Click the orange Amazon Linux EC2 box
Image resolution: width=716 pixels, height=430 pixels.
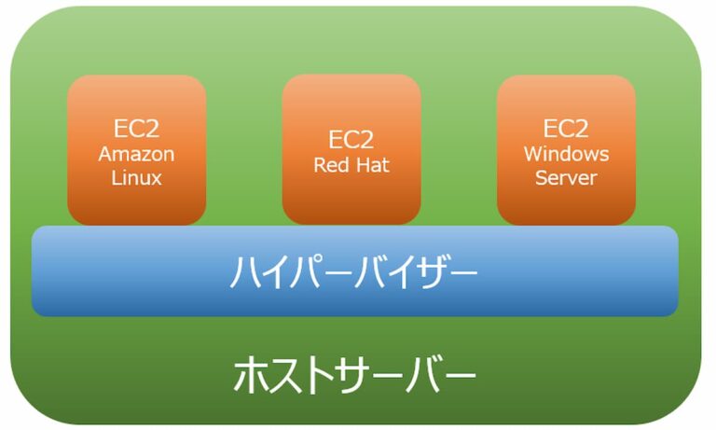pyautogui.click(x=136, y=150)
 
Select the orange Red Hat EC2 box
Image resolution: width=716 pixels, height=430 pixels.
pyautogui.click(x=351, y=150)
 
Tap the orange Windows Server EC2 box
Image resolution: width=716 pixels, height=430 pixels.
pyautogui.click(x=566, y=150)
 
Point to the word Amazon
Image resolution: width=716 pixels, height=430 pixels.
pyautogui.click(x=136, y=154)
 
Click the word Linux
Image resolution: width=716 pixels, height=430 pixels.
pyautogui.click(x=136, y=177)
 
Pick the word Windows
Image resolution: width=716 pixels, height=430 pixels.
pyautogui.click(x=566, y=154)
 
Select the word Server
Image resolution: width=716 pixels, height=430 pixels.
pyautogui.click(x=566, y=177)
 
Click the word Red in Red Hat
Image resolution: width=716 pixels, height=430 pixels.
pyautogui.click(x=331, y=166)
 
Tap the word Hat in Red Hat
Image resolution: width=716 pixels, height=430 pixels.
pyautogui.click(x=372, y=166)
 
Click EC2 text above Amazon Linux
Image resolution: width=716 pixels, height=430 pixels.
pyautogui.click(x=136, y=129)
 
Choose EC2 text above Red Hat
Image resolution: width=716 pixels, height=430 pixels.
pyautogui.click(x=351, y=140)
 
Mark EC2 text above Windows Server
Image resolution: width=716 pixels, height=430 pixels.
pyautogui.click(x=566, y=129)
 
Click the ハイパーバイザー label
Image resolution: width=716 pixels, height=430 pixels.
pyautogui.click(x=354, y=272)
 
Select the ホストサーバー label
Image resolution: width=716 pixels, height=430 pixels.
pyautogui.click(x=354, y=377)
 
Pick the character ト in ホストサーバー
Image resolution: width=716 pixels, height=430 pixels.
pyautogui.click(x=318, y=377)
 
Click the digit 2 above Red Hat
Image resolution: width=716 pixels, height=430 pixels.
pyautogui.click(x=366, y=140)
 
